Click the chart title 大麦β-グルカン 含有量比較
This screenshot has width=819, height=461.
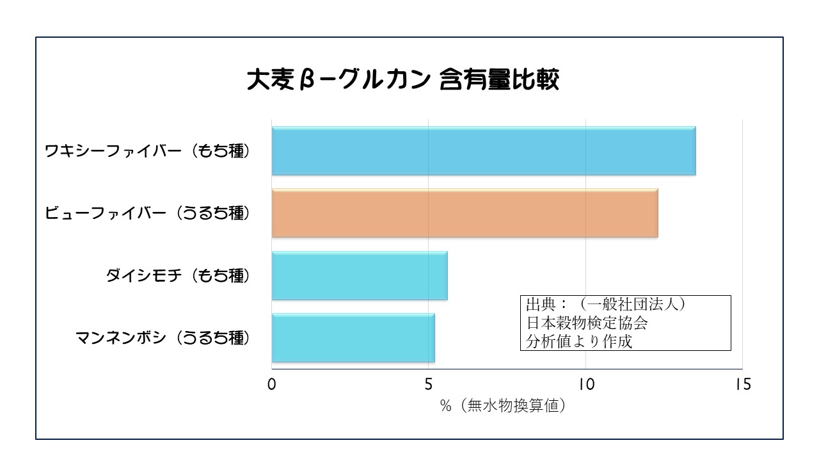tap(403, 83)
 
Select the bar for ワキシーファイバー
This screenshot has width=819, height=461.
tap(483, 152)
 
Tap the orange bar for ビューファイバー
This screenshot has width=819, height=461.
tap(465, 213)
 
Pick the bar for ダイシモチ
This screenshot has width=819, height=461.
tap(359, 275)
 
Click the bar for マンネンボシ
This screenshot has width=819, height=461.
tap(353, 337)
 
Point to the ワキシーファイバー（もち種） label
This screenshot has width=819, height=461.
tap(147, 152)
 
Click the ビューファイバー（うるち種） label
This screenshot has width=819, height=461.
tap(147, 213)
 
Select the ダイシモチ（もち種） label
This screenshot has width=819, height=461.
tap(177, 275)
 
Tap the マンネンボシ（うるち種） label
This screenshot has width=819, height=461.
tap(162, 337)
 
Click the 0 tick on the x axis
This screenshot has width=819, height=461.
tap(272, 385)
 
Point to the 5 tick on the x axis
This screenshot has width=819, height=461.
tap(429, 385)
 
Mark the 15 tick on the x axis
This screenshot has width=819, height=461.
tap(742, 385)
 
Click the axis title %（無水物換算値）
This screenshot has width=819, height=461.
tap(503, 406)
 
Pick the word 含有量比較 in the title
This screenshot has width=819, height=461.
tap(500, 83)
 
